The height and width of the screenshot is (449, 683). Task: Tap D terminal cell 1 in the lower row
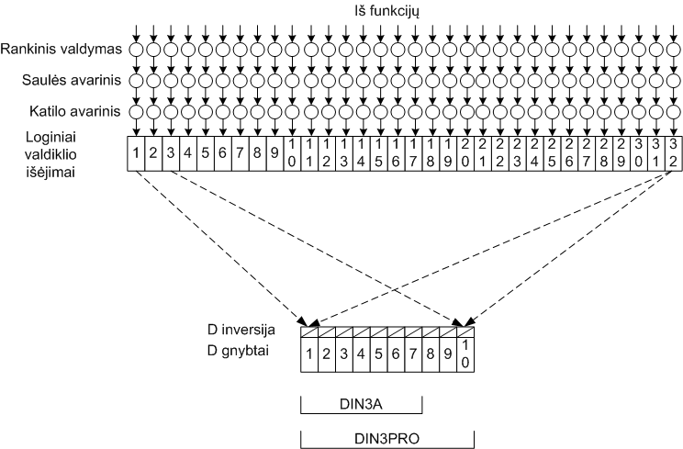pyautogui.click(x=309, y=353)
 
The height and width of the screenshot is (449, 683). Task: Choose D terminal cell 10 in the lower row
pyautogui.click(x=465, y=353)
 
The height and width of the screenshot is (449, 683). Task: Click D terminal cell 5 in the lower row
pyautogui.click(x=378, y=353)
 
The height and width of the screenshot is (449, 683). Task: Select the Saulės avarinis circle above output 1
pyautogui.click(x=135, y=81)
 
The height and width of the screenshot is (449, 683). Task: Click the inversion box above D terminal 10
pyautogui.click(x=465, y=331)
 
